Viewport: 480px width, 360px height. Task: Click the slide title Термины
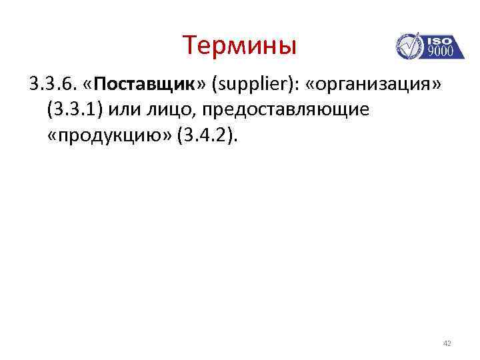click(x=239, y=45)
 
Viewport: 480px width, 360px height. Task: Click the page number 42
click(x=447, y=343)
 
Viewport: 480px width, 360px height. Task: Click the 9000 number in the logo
click(x=439, y=51)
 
